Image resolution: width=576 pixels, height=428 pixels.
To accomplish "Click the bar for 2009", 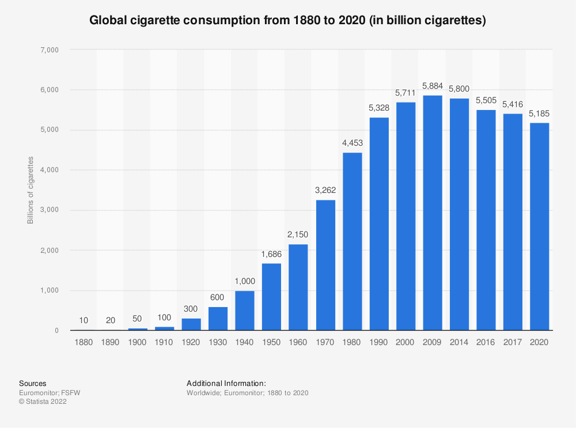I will (x=432, y=213).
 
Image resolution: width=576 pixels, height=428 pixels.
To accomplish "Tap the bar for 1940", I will (x=244, y=310).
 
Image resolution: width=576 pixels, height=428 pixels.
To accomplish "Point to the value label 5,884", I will (x=432, y=86).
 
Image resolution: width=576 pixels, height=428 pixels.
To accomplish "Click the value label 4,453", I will (x=351, y=143).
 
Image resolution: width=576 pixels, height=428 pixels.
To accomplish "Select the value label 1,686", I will (x=271, y=254).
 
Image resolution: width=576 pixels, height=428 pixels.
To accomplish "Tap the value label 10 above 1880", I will (x=84, y=320).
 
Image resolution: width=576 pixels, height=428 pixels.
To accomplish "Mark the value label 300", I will (x=191, y=309).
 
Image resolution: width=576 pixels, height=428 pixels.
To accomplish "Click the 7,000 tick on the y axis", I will (x=49, y=50).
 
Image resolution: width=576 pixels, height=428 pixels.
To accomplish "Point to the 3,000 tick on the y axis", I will (x=49, y=210).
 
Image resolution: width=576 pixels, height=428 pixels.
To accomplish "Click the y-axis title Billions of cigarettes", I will (x=31, y=190).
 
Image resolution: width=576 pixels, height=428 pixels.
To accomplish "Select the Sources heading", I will (x=33, y=383).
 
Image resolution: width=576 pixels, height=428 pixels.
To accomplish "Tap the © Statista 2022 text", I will (x=43, y=402).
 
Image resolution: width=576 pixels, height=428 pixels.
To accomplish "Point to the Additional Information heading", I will (x=226, y=383).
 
